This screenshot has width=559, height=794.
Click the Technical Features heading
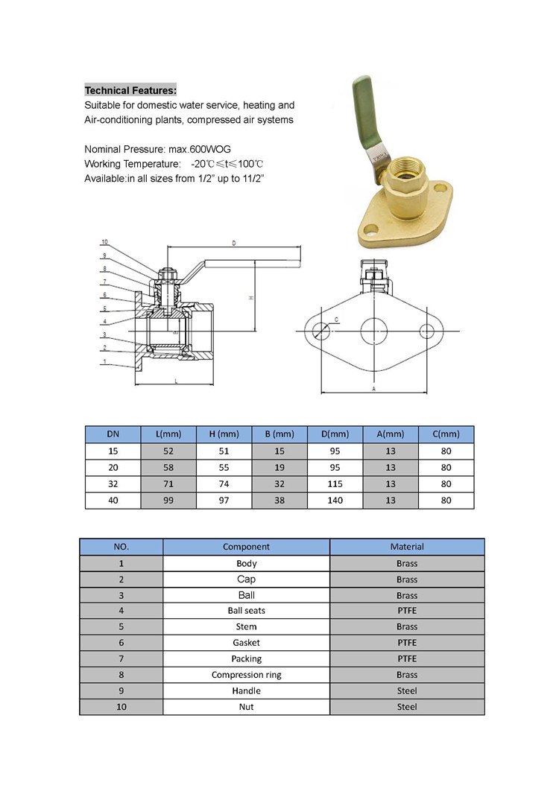click(x=130, y=90)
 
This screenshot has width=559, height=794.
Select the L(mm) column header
click(x=168, y=434)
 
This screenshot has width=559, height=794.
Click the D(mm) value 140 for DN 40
click(x=335, y=501)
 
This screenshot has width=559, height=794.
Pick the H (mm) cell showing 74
click(x=224, y=484)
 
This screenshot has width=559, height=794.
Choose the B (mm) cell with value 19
click(x=279, y=468)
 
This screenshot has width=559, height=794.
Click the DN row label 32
click(x=113, y=484)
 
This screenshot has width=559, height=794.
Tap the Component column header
click(x=246, y=547)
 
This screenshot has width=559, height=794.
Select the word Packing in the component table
click(x=246, y=658)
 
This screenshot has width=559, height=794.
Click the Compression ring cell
click(x=246, y=675)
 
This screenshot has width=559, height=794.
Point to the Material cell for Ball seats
click(x=407, y=611)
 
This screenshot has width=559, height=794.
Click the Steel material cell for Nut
click(x=407, y=707)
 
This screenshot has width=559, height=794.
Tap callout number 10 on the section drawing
click(x=104, y=242)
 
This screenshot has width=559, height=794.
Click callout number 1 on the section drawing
click(x=105, y=362)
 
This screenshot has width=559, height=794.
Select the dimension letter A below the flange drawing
click(x=373, y=389)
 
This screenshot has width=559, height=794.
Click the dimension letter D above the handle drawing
click(x=233, y=243)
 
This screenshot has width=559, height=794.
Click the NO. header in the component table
click(x=121, y=547)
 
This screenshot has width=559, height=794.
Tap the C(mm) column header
click(x=446, y=434)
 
